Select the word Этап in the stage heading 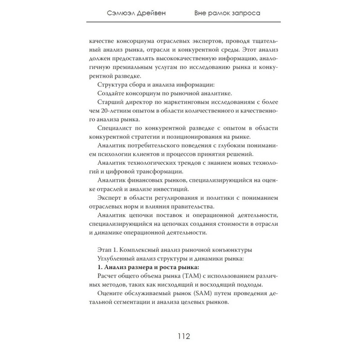pos(104,250)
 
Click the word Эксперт pos(110,198)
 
